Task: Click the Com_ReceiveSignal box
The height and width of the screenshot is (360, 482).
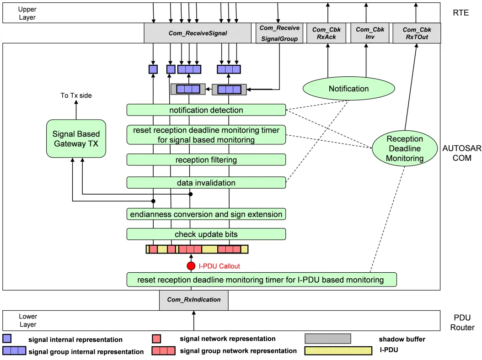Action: pyautogui.click(x=198, y=33)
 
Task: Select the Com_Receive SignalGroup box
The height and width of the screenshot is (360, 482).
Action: pyautogui.click(x=279, y=33)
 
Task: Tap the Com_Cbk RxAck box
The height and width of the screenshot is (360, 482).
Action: pyautogui.click(x=327, y=33)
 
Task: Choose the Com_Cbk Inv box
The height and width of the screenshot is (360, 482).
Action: pyautogui.click(x=370, y=33)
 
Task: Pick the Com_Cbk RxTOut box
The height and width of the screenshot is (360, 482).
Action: pyautogui.click(x=417, y=33)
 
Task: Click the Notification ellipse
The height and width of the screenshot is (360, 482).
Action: pyautogui.click(x=348, y=89)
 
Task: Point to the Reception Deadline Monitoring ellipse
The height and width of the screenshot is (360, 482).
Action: pyautogui.click(x=405, y=148)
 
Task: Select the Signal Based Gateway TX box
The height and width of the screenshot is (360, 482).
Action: pyautogui.click(x=76, y=138)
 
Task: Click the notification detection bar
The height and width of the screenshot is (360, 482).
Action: pyautogui.click(x=206, y=110)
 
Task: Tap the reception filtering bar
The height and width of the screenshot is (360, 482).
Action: pyautogui.click(x=206, y=160)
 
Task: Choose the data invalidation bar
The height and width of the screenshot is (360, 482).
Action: pyautogui.click(x=206, y=183)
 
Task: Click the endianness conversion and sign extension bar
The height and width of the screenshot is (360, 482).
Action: pyautogui.click(x=206, y=214)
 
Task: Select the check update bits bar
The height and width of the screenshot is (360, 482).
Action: pyautogui.click(x=206, y=234)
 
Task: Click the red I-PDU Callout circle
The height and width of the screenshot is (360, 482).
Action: pyautogui.click(x=191, y=266)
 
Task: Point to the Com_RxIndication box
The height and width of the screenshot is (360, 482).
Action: pyautogui.click(x=193, y=300)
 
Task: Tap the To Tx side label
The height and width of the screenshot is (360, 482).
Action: pyautogui.click(x=76, y=95)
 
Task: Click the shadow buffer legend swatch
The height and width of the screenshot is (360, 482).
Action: pyautogui.click(x=328, y=339)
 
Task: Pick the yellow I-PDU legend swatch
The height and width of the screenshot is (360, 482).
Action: pyautogui.click(x=338, y=350)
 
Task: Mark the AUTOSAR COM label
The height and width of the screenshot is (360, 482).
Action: pyautogui.click(x=462, y=153)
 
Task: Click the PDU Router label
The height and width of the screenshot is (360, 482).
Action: pyautogui.click(x=462, y=323)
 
